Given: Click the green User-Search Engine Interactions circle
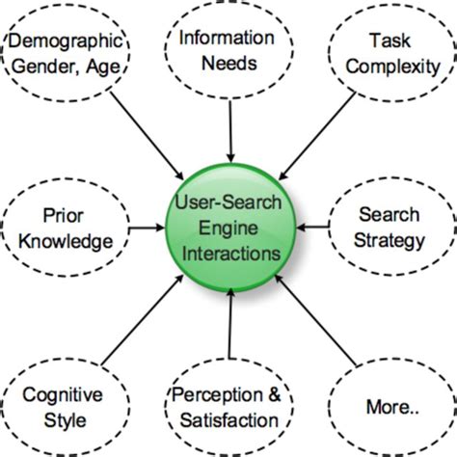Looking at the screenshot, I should click(x=228, y=228).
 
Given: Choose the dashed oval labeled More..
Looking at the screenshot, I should click(x=390, y=406).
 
